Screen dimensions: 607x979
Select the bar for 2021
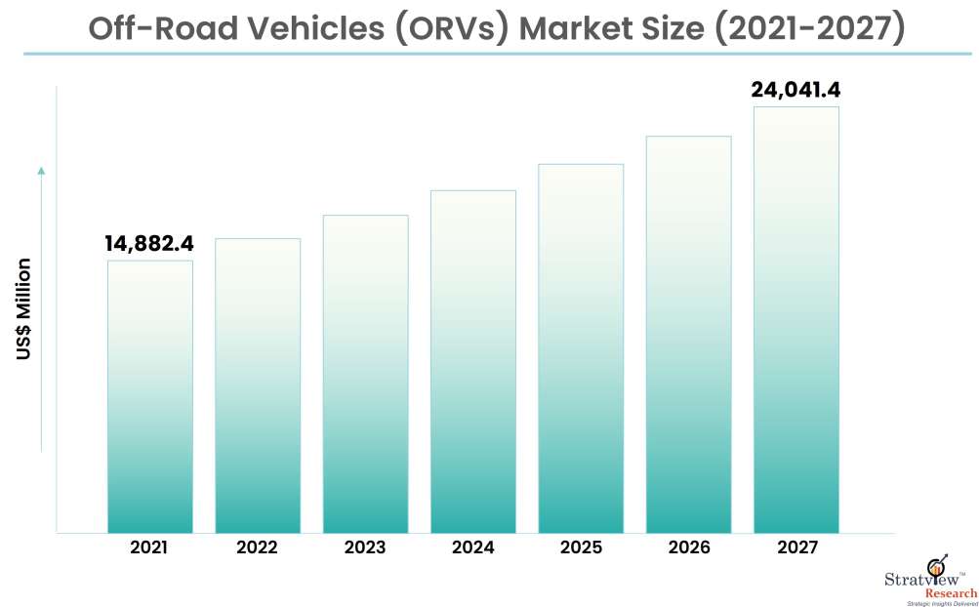150,396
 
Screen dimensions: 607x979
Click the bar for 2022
258,385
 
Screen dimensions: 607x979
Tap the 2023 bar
365,374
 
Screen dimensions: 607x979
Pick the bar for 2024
472,361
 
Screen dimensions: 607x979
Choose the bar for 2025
581,348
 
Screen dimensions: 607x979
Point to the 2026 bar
688,334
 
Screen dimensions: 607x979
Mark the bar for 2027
795,319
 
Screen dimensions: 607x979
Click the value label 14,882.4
149,244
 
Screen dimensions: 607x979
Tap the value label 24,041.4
795,90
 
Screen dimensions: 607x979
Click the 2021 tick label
149,548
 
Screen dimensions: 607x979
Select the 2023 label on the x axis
365,548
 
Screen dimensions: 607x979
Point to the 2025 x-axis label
581,548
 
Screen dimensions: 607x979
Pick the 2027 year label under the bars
796,548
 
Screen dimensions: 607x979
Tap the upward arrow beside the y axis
41,172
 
